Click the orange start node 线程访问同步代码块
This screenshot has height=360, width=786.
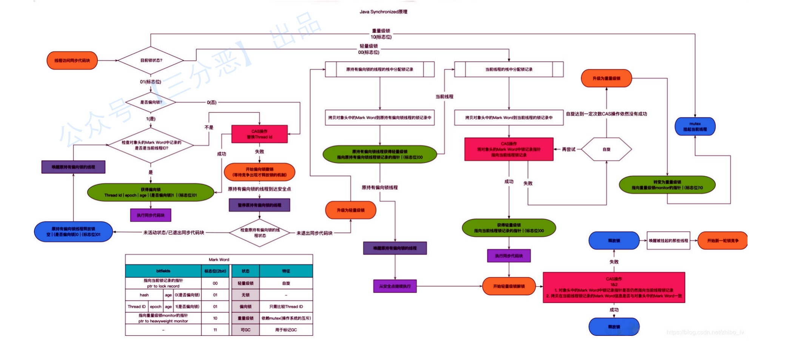coord(72,60)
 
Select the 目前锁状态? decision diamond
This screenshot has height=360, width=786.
coord(151,60)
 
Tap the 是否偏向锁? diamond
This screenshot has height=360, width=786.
coord(151,102)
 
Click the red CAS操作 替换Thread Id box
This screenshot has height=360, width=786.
coord(259,134)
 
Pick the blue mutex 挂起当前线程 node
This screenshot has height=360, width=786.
coord(695,127)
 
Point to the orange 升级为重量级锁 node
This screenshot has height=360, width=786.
coord(606,78)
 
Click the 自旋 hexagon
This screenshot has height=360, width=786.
coord(606,150)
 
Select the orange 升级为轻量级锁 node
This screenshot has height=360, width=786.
coord(350,210)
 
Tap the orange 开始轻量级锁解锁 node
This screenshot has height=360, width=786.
coord(509,286)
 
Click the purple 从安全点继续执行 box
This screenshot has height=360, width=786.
coord(395,286)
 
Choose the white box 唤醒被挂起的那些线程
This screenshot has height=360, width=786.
coord(668,241)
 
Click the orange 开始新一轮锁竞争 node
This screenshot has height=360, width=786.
coord(723,241)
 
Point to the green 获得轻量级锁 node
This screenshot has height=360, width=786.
coord(509,228)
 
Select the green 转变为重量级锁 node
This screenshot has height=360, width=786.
coord(667,185)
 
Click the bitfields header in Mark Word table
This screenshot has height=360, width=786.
coord(163,271)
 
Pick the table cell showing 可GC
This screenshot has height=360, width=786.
coord(245,330)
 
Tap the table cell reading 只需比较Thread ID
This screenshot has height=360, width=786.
coord(286,306)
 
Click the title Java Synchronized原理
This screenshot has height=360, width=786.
coord(383,12)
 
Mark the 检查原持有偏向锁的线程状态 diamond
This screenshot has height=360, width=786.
coord(260,233)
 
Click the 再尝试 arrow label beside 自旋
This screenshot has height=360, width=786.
coord(569,150)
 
